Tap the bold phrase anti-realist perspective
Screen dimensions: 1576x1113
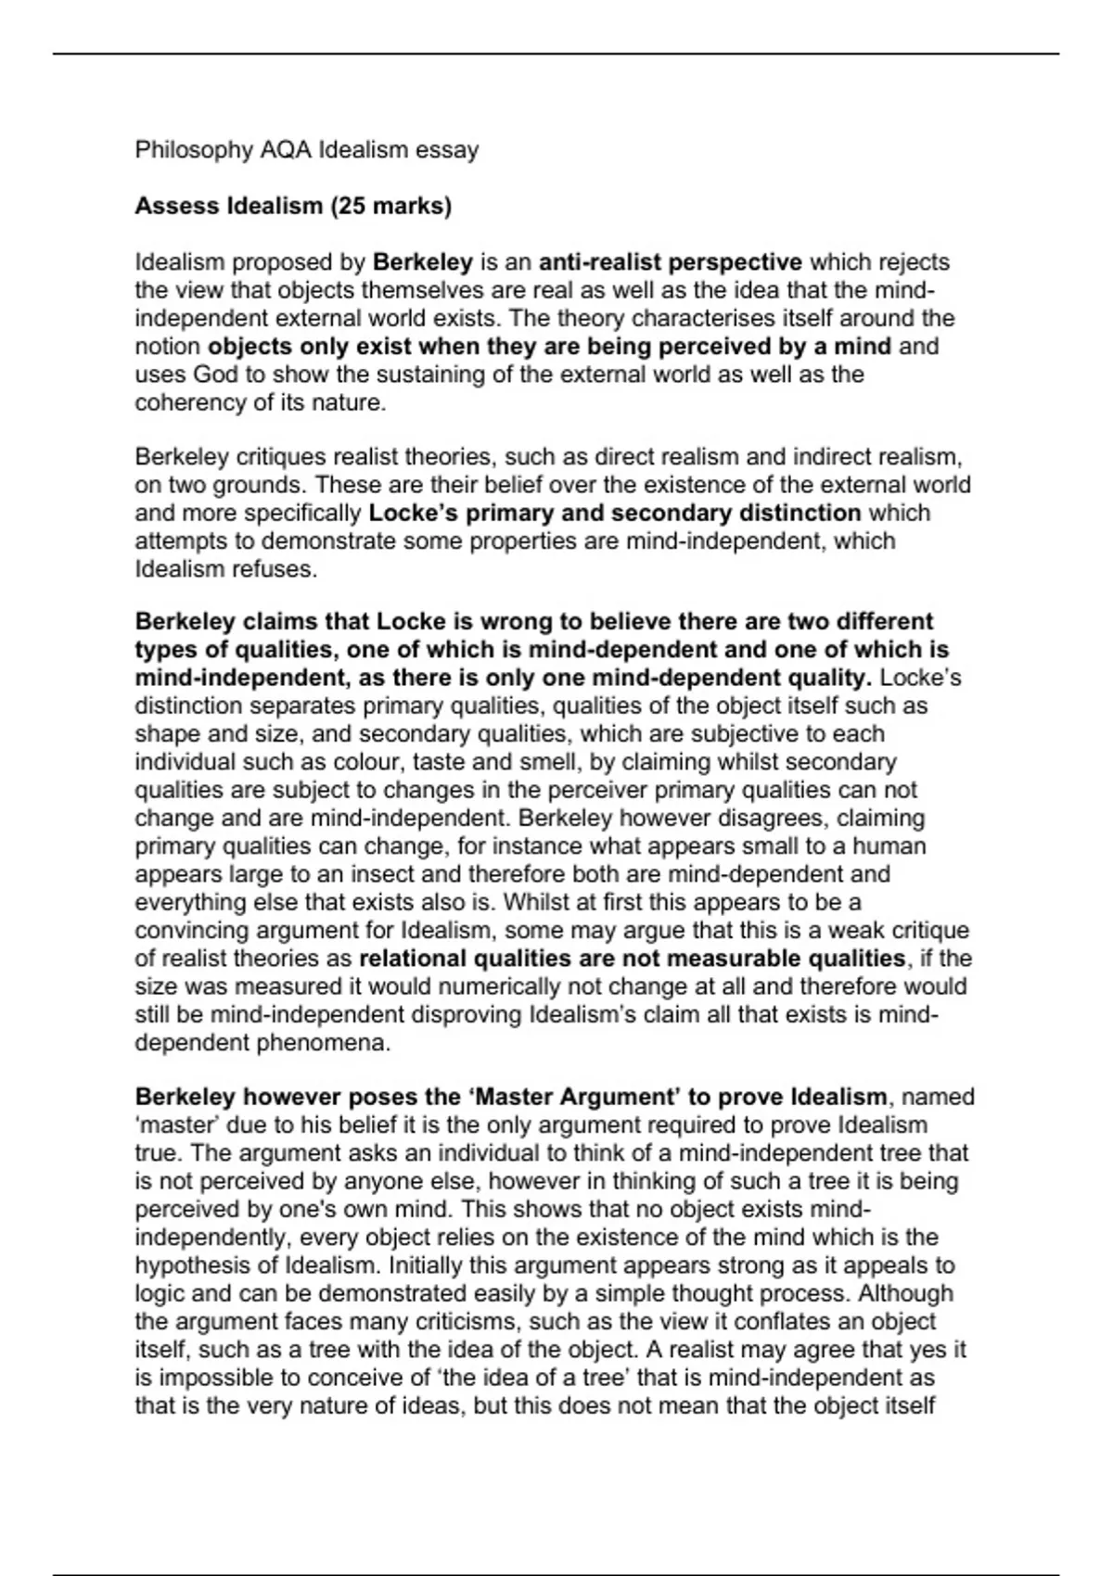(671, 262)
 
